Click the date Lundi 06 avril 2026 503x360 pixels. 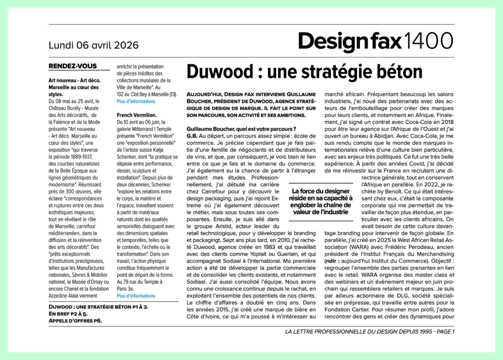[93, 45]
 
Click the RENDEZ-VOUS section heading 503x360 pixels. [73, 66]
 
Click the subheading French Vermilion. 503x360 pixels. [137, 114]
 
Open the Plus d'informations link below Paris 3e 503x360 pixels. [136, 296]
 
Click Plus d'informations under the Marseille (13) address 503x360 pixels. [136, 101]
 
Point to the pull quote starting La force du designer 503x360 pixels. [320, 201]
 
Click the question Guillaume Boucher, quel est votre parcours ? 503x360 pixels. [241, 128]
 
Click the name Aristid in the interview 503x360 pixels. [228, 225]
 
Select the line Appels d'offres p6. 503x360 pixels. [76, 321]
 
